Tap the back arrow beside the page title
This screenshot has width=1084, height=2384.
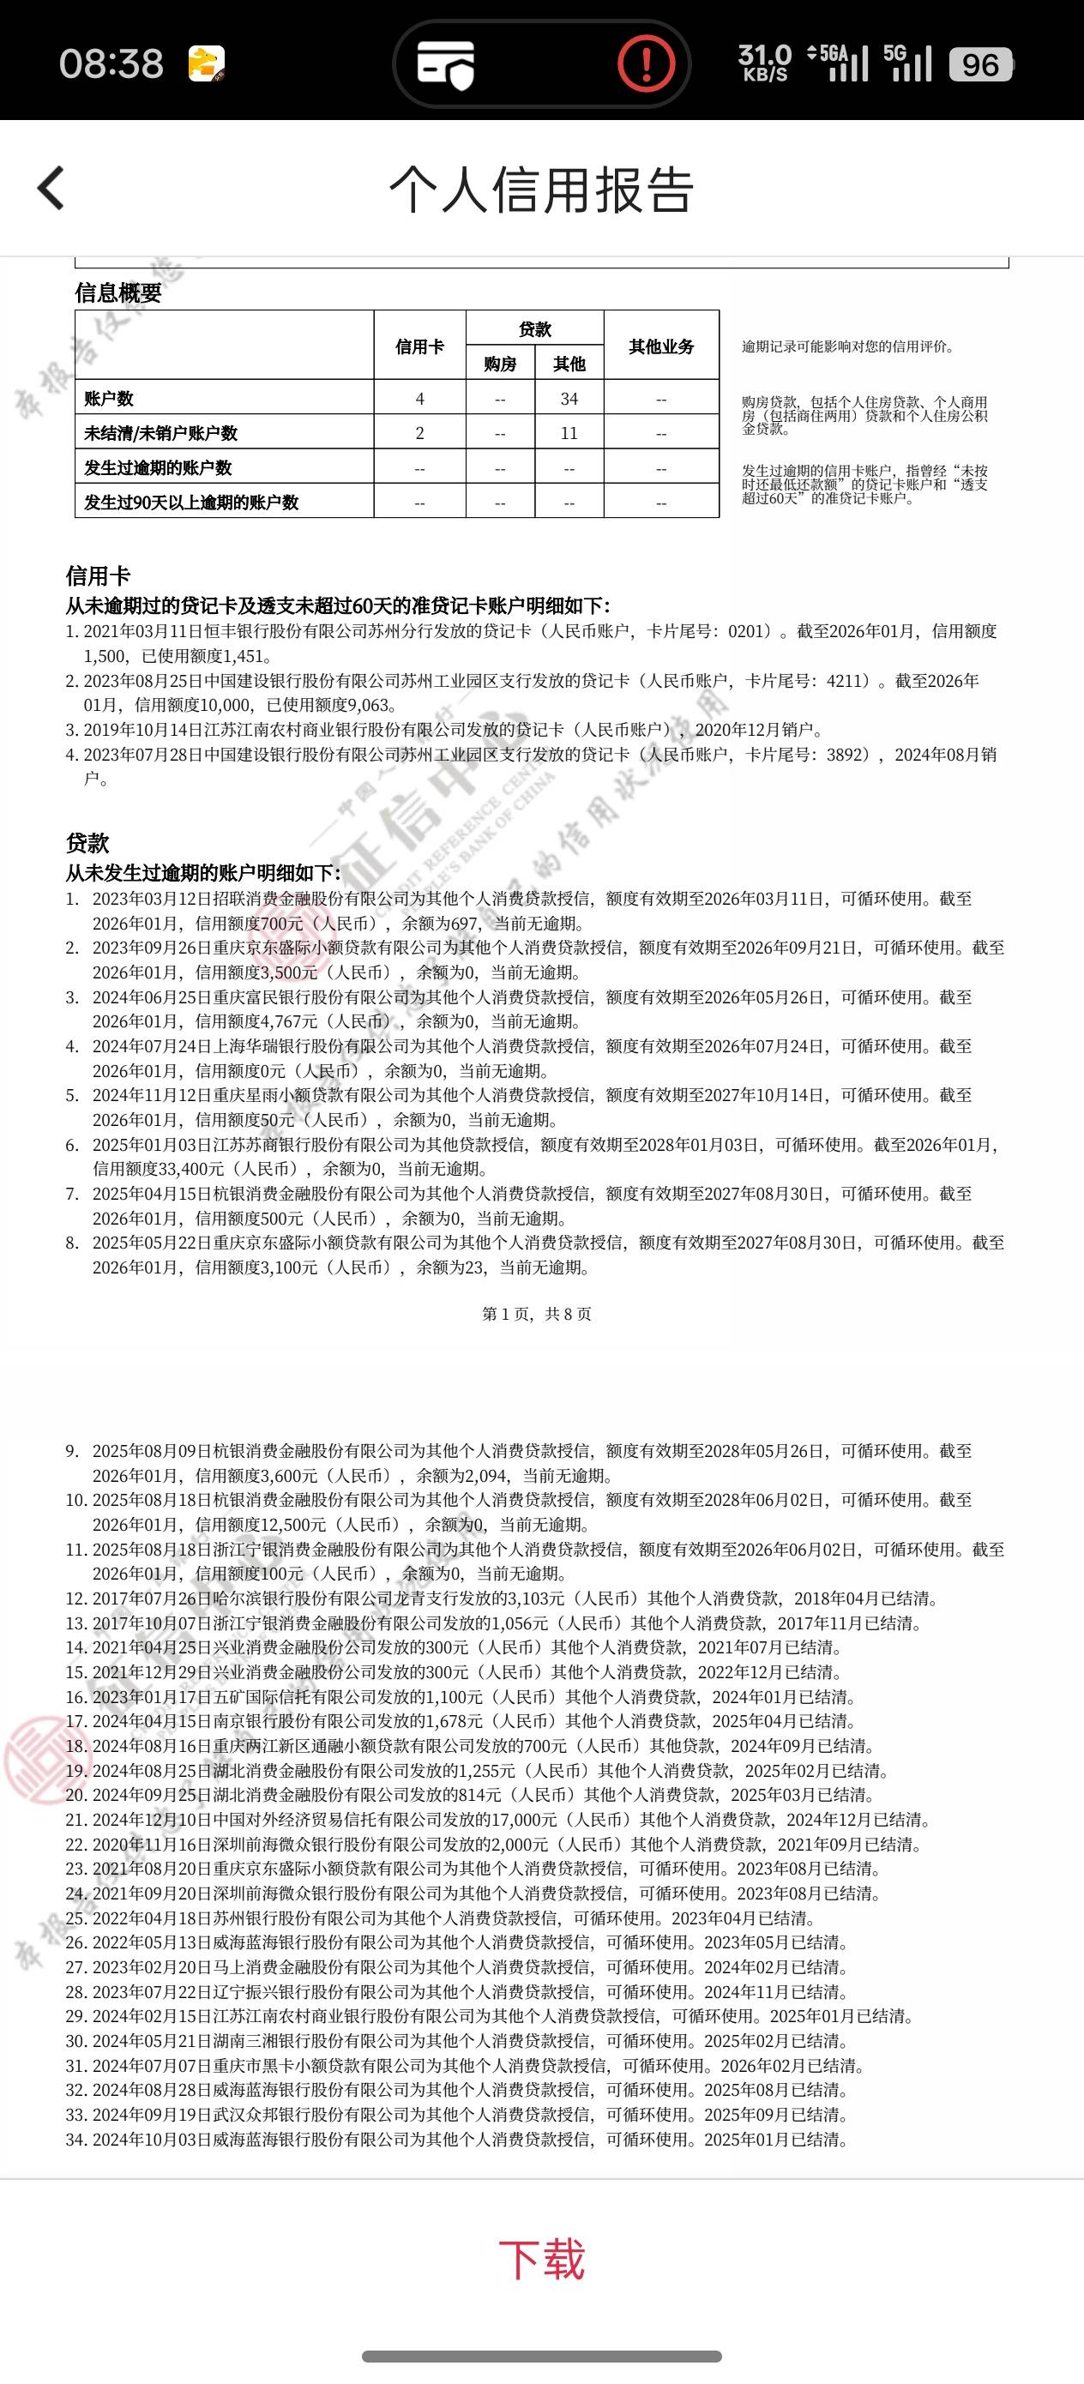[51, 188]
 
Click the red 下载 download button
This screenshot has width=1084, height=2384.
[541, 2259]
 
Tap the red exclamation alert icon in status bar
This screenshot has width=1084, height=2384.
[645, 63]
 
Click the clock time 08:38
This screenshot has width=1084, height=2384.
[111, 63]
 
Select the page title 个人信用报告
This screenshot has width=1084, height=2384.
[541, 190]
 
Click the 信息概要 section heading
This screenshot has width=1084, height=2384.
[117, 293]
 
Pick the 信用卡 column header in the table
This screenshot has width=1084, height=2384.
[419, 346]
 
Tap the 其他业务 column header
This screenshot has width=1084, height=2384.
[661, 346]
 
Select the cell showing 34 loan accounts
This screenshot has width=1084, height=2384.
[569, 399]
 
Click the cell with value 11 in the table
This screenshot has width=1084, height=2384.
[569, 433]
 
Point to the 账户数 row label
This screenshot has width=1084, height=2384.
[109, 399]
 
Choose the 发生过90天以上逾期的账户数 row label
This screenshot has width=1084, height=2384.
[190, 503]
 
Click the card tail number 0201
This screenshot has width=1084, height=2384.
[749, 631]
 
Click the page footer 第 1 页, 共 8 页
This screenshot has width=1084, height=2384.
[536, 1314]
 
